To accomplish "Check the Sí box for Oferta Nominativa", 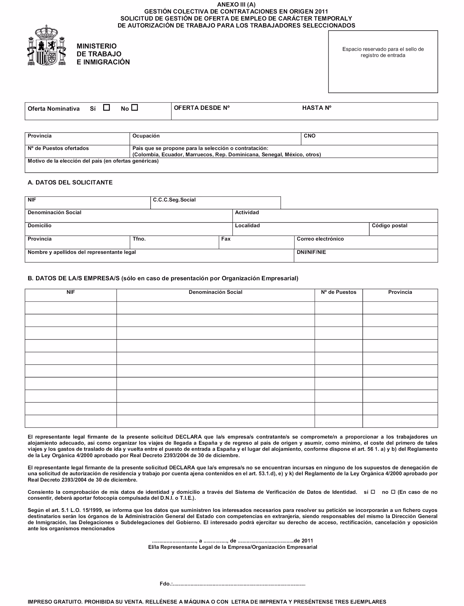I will (106, 108).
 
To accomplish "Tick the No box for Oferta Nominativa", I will (134, 108).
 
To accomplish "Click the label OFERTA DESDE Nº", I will (202, 108).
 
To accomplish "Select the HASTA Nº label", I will (317, 108).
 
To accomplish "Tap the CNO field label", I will (309, 136).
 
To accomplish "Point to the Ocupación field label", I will (146, 136).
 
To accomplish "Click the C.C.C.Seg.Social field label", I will (174, 200).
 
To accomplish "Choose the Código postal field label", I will (389, 226).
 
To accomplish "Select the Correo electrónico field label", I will (320, 239).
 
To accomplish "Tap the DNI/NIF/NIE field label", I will (311, 252).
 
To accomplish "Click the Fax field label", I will (226, 239).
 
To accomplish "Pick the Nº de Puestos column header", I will (338, 292).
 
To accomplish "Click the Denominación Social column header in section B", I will (215, 292).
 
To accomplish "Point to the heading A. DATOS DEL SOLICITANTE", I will (70, 182).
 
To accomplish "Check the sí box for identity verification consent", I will (372, 492).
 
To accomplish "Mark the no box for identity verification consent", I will (393, 492).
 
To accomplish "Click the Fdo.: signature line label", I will (166, 584).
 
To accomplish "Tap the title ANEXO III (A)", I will (236, 4).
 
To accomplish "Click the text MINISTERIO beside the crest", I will (97, 46).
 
